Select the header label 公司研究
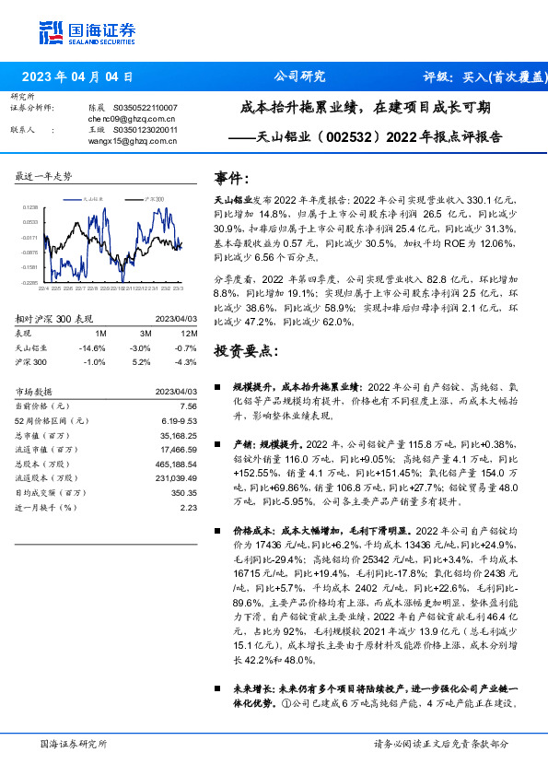coord(300,77)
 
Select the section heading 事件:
coord(231,178)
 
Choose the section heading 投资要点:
coord(244,352)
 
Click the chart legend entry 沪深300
coord(154,199)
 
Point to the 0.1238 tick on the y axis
coord(29,208)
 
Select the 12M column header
coord(190,334)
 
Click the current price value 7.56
coord(188,406)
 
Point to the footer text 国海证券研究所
coord(74,743)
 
